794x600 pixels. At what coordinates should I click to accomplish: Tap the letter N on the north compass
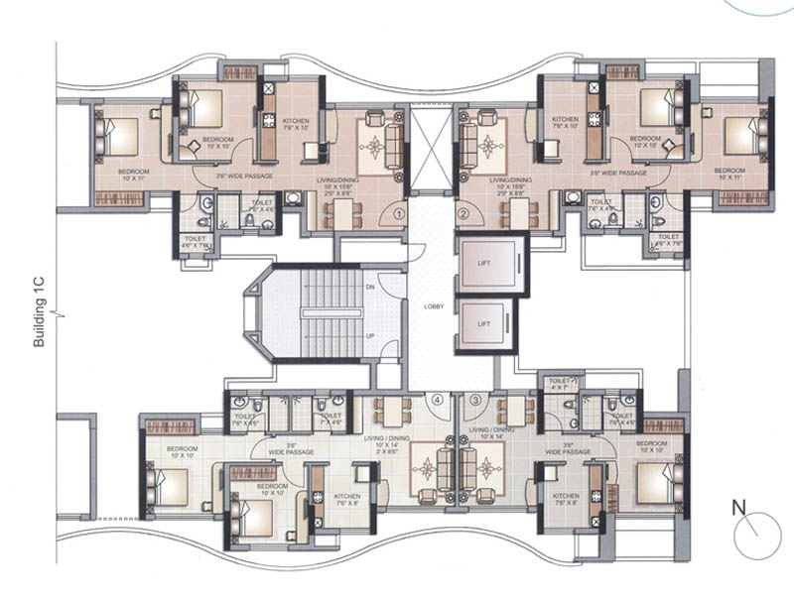tap(738, 508)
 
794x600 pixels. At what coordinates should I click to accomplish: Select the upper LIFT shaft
tap(490, 263)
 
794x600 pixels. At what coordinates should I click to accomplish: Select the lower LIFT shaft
tap(484, 324)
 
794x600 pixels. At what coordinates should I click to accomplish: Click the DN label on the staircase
tap(370, 288)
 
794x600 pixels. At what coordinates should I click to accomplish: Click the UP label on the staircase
tap(370, 334)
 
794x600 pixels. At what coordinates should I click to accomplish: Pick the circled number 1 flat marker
tap(398, 212)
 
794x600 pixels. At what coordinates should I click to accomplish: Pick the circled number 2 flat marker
tap(463, 212)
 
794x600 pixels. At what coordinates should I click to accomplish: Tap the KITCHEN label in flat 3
tap(566, 496)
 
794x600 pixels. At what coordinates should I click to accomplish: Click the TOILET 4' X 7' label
tap(561, 383)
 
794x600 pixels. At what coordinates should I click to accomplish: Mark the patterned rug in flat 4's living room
tap(430, 469)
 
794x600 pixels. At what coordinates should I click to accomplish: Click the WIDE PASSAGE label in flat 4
tap(291, 448)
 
